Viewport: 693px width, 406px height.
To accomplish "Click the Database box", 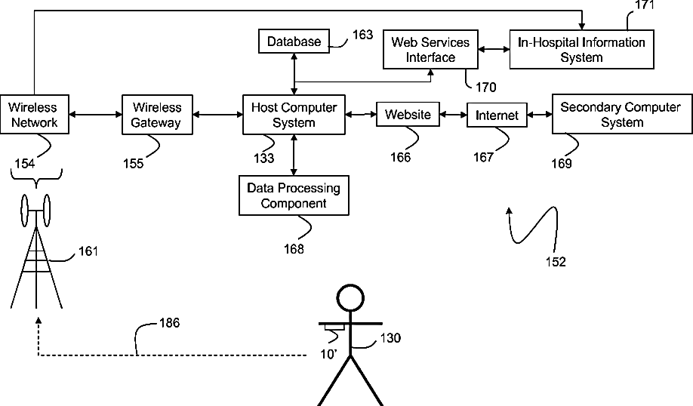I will point(293,42).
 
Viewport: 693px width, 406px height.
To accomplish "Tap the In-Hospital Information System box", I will point(581,50).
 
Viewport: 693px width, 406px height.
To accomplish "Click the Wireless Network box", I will point(33,114).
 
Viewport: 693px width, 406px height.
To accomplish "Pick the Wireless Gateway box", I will point(157,114).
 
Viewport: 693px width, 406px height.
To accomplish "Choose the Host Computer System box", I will point(294,114).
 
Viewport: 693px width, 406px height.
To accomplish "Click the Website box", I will point(408,115).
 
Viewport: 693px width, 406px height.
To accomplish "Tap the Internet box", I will point(497,115).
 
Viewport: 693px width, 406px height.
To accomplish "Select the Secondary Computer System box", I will point(620,114).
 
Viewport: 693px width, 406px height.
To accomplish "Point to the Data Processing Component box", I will point(294,195).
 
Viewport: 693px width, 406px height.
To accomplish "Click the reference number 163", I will point(362,35).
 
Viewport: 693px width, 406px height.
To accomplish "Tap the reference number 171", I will point(644,5).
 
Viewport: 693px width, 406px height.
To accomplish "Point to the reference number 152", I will point(556,262).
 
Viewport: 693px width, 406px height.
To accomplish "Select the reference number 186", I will point(169,323).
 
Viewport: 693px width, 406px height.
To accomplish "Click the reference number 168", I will point(294,249).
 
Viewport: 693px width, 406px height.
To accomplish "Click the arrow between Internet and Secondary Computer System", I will point(539,115).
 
